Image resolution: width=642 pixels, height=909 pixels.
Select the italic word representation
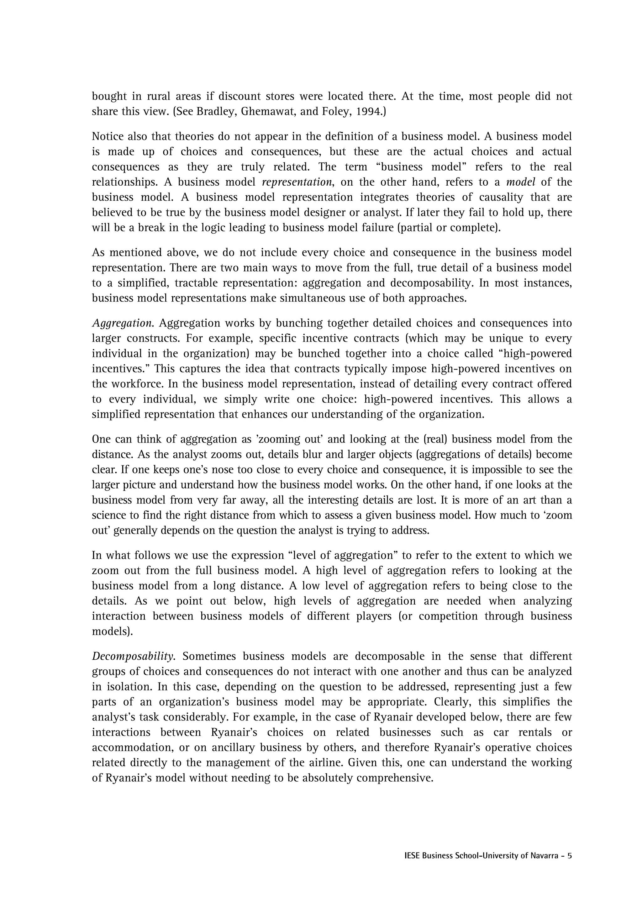point(297,182)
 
